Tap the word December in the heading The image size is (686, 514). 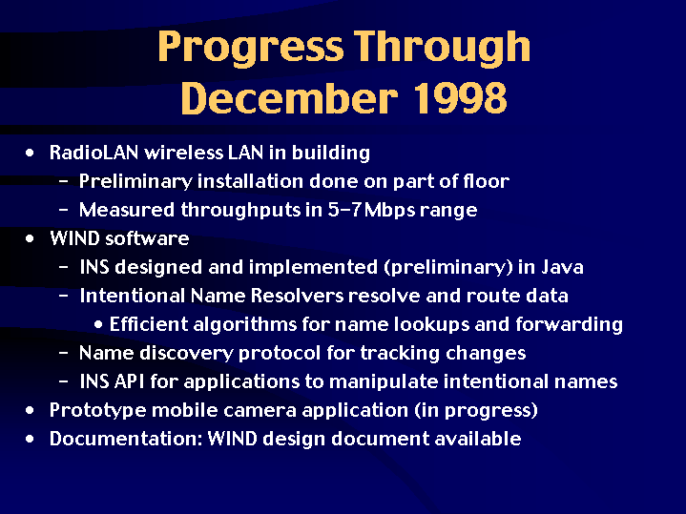coord(290,98)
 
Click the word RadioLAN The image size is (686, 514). coord(94,153)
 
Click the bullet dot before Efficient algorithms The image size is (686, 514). coord(98,324)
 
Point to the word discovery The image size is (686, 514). coord(186,354)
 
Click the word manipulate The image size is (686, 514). coord(384,381)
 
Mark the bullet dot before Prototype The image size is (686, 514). coord(30,410)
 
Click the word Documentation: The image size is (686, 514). coord(126,439)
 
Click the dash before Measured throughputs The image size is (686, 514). coord(63,210)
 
